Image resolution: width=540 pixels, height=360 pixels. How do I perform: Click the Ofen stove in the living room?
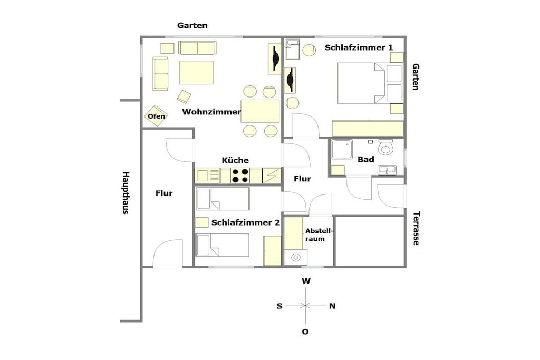156,115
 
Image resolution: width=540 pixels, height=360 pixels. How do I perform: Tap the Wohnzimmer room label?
211,112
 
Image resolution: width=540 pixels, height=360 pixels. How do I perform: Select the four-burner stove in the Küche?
240,176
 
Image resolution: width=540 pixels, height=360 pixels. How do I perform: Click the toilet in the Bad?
385,147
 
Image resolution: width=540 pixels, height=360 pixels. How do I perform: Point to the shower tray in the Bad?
342,149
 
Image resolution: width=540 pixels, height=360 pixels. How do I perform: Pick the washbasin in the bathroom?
387,170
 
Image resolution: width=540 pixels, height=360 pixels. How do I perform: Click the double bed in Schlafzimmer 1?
370,83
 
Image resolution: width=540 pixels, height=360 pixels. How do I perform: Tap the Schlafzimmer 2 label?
246,222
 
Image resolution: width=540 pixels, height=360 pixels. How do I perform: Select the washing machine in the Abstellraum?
295,257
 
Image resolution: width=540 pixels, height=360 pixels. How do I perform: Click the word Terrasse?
416,228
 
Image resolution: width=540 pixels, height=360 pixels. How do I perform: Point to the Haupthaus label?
126,193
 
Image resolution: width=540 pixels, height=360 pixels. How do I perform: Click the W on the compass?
306,281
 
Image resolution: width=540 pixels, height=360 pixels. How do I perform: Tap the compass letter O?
305,332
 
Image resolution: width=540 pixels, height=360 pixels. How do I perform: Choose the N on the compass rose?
332,306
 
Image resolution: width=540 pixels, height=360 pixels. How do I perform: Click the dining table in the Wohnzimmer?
260,111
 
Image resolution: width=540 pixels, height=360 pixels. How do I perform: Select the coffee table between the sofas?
196,72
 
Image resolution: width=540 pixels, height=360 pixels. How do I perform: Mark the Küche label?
235,160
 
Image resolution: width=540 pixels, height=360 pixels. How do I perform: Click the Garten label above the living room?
192,25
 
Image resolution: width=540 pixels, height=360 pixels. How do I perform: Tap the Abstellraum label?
319,235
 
